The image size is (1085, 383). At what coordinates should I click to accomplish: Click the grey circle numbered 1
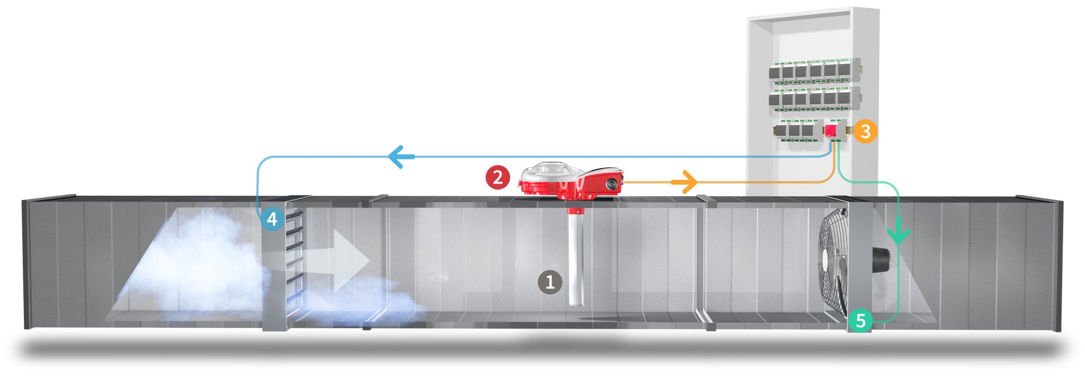[x=550, y=282]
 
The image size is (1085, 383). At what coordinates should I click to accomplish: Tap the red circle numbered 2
[x=497, y=177]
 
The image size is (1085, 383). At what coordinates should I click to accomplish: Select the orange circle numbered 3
[x=865, y=131]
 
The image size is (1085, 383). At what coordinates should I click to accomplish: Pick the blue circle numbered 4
[x=272, y=218]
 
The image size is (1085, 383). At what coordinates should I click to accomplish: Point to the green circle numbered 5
[x=860, y=321]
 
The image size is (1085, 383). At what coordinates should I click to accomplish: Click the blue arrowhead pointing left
[x=399, y=157]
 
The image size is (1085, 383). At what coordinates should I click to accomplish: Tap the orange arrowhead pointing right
[x=689, y=182]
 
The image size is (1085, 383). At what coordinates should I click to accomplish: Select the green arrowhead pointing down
[x=899, y=234]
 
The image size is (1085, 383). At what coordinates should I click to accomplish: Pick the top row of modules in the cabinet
[x=812, y=71]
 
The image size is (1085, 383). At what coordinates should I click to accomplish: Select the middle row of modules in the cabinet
[x=812, y=99]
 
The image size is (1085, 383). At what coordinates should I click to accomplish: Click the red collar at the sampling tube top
[x=575, y=211]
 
